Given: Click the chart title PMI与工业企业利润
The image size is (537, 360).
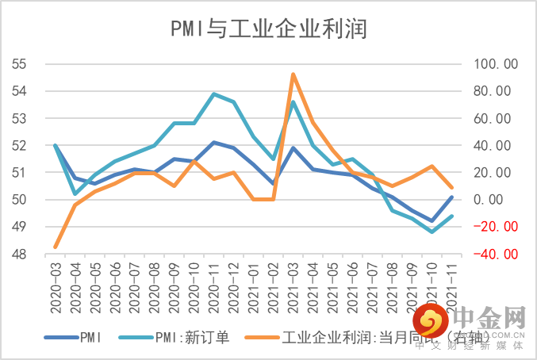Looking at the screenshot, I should [x=268, y=29].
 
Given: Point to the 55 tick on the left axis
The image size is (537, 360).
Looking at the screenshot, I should [x=19, y=64].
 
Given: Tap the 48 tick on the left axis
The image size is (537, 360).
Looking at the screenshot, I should [x=19, y=255].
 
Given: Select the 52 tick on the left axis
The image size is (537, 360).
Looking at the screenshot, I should [x=19, y=146].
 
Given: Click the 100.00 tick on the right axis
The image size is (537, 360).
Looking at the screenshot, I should [x=495, y=64].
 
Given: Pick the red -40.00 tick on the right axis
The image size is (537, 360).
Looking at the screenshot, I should [x=495, y=255].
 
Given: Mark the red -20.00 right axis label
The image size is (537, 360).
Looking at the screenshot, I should [x=495, y=227].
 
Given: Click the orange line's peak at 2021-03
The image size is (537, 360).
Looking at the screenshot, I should [x=293, y=74].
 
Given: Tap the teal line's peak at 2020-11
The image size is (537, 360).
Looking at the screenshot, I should [x=214, y=94].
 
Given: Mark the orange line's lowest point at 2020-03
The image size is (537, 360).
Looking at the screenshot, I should [x=56, y=247].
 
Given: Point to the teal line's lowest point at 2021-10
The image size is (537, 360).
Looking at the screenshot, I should [x=432, y=232].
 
